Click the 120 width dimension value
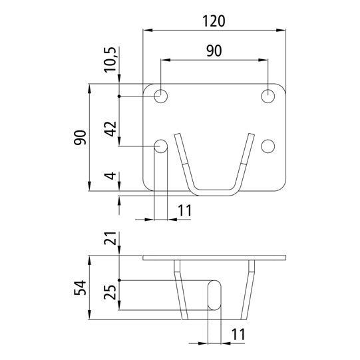pos(214,21)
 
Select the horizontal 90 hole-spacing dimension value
pos(213,51)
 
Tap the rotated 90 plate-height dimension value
pos(81,138)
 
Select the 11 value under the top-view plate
pos(185,212)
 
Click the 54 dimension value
pos(81,289)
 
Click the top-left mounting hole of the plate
pos(161,96)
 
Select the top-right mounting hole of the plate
pos(268,96)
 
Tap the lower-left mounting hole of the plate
pos(161,146)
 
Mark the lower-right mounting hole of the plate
pos(268,146)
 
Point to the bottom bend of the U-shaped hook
pos(214,192)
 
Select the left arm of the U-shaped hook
pos(183,160)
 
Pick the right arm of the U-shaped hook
pos(246,160)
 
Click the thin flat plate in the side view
pos(215,258)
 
